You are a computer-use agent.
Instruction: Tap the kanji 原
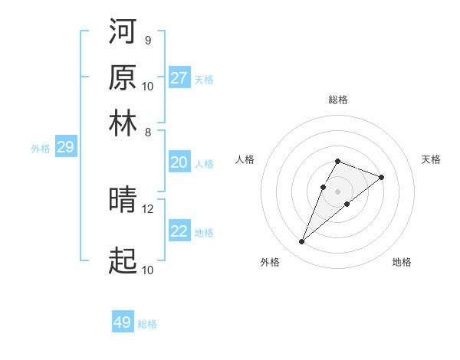123,77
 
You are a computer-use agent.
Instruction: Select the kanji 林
123,123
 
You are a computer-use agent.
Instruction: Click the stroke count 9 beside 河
147,40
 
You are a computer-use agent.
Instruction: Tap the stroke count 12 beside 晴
148,208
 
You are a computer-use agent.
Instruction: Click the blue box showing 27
179,78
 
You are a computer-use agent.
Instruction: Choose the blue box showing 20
179,162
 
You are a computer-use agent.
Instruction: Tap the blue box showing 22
179,231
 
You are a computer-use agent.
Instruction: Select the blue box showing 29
65,148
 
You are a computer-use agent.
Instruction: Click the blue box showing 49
123,322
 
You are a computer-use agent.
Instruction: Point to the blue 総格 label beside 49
147,324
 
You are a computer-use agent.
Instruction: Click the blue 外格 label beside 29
41,149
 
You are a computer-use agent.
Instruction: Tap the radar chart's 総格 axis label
338,100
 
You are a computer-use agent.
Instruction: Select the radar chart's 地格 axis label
402,262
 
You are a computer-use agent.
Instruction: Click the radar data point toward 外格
302,242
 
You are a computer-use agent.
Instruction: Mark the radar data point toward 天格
381,177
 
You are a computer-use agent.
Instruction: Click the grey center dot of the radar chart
338,191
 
